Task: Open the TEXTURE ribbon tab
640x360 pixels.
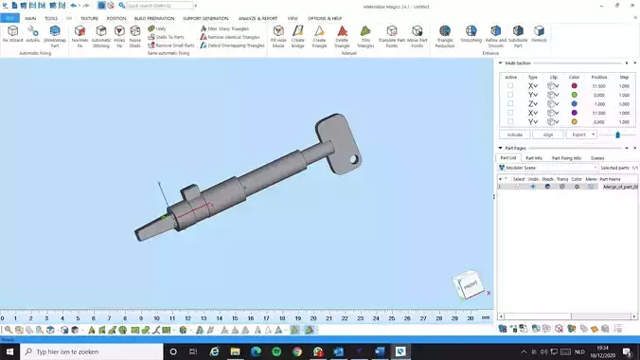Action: point(89,18)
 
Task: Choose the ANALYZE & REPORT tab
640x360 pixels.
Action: point(258,18)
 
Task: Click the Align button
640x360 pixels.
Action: point(548,135)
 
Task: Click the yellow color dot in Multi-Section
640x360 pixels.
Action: point(574,121)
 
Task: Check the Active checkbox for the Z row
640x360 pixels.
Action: point(510,103)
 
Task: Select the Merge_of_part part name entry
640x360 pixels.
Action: point(620,187)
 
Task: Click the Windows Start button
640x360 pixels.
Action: point(9,351)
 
